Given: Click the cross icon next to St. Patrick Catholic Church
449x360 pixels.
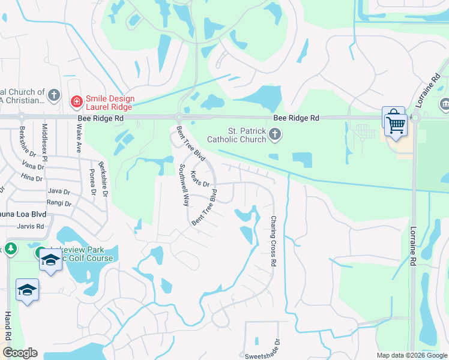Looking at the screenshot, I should pos(275,135).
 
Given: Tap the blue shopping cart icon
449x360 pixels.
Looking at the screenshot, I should pos(395,124).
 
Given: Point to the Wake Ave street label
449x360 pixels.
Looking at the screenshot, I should pos(79,137).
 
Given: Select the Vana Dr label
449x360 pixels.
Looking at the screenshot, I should pos(29,164).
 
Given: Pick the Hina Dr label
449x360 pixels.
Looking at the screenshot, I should pos(31,178).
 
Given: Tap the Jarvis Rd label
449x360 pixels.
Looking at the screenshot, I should pos(32,227).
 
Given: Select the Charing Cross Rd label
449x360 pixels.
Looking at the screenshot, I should pos(274,241).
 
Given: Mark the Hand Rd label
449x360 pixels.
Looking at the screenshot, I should pos(8,327).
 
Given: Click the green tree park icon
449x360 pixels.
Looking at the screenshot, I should pos(10,248).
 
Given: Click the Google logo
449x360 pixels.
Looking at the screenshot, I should pos(20,353).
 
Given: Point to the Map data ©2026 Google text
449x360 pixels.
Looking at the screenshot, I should pos(411,355).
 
